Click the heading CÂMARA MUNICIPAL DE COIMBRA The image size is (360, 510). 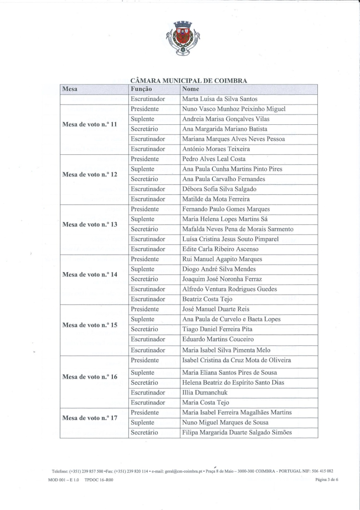188,81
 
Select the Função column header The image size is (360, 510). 142,89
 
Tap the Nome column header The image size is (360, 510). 190,89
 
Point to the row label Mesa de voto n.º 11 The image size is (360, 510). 90,124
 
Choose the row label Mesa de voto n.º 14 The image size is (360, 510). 90,274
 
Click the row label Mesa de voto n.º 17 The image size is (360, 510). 90,418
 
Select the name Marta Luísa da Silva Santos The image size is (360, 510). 220,99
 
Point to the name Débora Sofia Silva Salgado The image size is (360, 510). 219,189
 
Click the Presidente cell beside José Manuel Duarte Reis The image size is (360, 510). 145,309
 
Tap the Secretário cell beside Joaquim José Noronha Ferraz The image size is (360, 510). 144,279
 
